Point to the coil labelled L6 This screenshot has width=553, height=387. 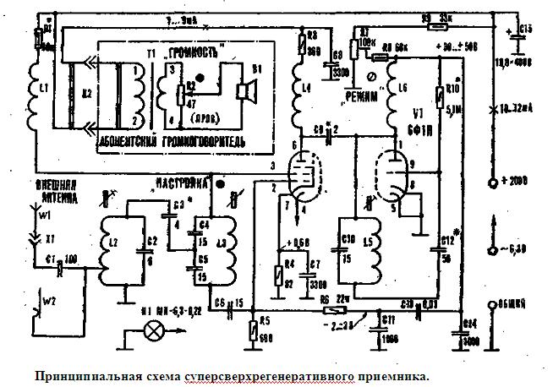coord(394,101)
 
